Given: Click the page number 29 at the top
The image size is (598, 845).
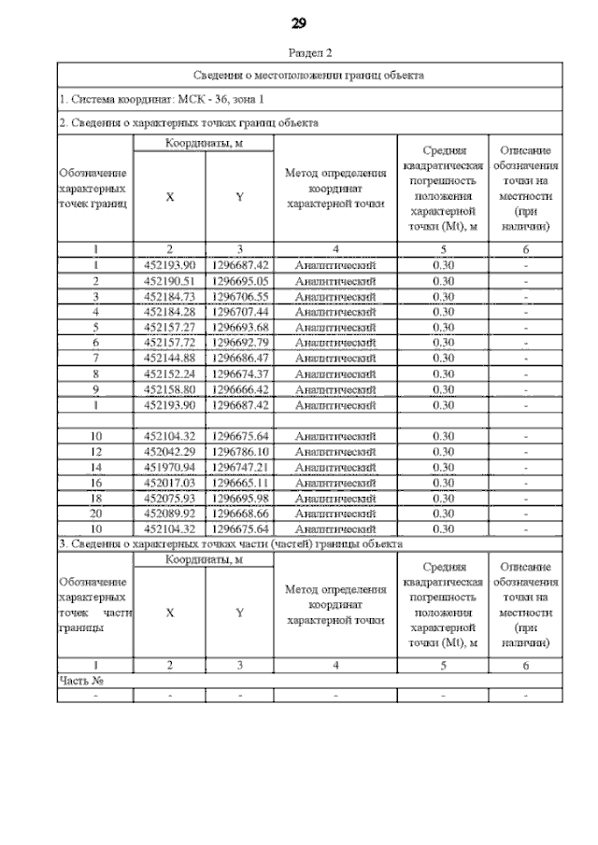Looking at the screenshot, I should coord(299,22).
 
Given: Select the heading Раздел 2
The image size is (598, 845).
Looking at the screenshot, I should coord(299,53).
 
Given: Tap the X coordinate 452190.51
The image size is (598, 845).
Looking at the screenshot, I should coord(169,280).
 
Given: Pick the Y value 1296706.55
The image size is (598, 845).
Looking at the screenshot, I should coord(240,296).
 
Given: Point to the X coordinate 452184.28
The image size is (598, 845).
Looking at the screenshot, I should coord(169,311).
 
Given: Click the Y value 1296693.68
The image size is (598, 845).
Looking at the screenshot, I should coord(240,327).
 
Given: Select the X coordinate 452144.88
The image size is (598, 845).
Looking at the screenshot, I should coord(169,358).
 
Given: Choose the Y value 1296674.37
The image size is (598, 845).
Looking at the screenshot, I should coord(240,373).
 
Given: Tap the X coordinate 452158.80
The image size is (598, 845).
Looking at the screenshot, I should coord(169,389).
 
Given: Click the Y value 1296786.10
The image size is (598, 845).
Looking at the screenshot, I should coord(240,452).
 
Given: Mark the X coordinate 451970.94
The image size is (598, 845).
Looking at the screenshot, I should coord(169,467).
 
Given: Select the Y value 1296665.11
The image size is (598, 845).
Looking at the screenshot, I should coord(240,483).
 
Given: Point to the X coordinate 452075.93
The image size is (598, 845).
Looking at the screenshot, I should coord(169,499).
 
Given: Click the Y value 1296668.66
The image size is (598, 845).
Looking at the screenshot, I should coord(240,514).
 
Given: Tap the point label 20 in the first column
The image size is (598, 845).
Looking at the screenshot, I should coord(95,514).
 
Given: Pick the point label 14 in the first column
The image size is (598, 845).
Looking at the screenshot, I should coord(95,467).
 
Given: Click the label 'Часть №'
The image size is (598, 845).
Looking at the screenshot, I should coord(81,681).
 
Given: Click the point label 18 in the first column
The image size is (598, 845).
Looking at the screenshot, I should coord(95,499).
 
